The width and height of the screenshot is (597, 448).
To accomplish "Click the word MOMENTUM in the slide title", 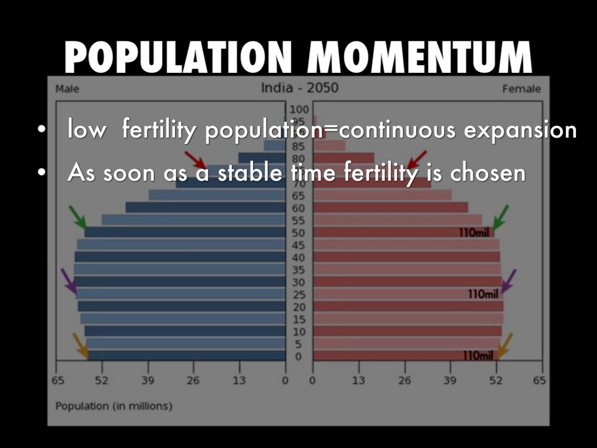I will click(x=420, y=58).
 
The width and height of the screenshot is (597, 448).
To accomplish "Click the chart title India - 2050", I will click(x=299, y=89).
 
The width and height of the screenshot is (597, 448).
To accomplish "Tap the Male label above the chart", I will click(x=67, y=89).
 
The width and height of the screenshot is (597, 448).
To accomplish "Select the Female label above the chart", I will click(x=521, y=89).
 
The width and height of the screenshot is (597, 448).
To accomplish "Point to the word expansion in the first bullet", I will click(x=520, y=130).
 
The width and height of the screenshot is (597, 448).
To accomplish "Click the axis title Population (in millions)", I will click(x=114, y=405).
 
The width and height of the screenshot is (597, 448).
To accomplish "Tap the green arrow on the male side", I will click(x=78, y=217).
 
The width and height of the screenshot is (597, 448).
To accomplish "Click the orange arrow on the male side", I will click(x=80, y=345).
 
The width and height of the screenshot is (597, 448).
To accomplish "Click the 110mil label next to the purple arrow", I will click(x=483, y=294).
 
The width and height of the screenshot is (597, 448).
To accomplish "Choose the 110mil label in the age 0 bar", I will click(x=478, y=356).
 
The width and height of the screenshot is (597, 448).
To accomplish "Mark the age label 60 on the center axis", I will click(x=298, y=208).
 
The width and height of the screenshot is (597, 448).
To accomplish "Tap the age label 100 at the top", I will click(x=298, y=109).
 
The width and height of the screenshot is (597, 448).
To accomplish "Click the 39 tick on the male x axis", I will click(x=148, y=381).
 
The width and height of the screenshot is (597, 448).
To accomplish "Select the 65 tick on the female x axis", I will click(x=539, y=381).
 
